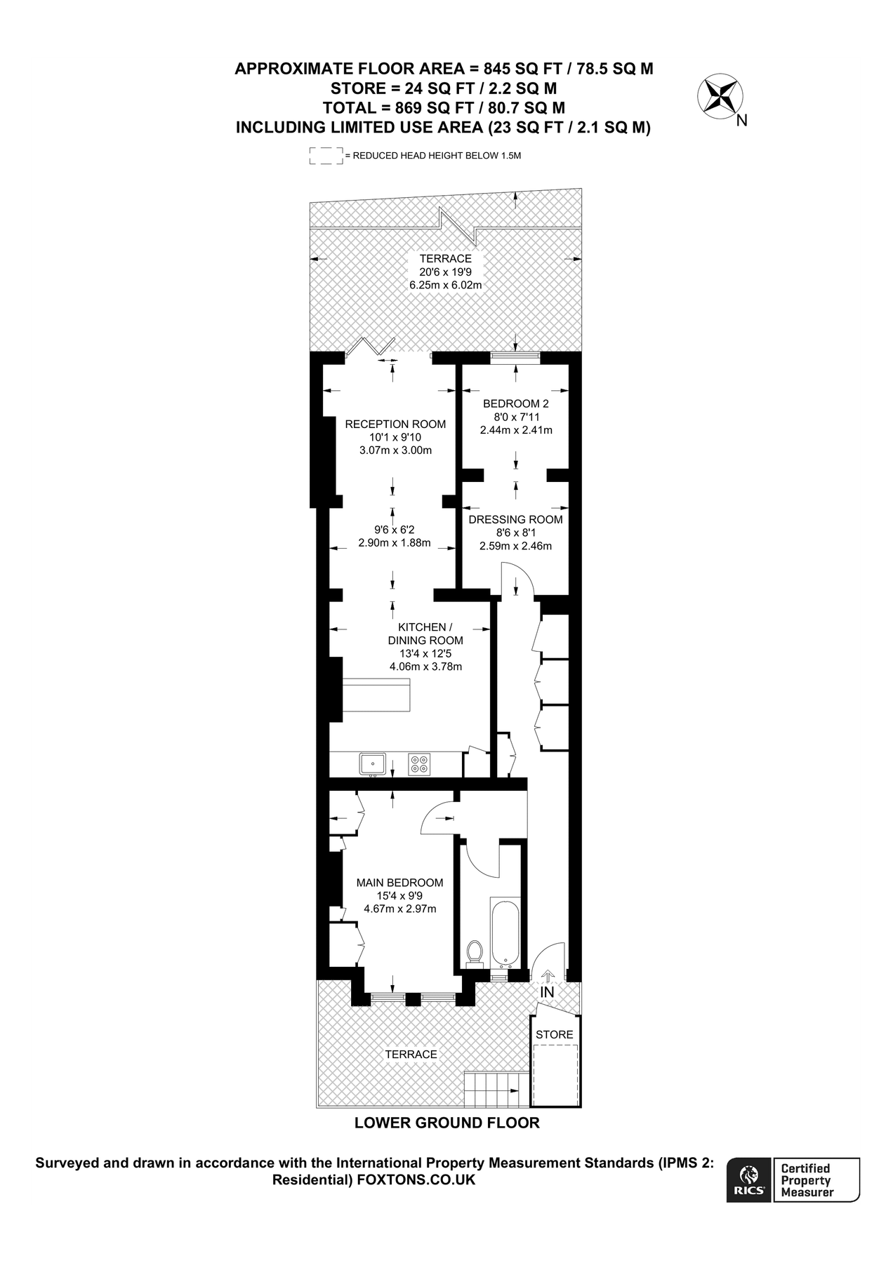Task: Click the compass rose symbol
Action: tap(720, 96)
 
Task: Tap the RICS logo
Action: tap(749, 1180)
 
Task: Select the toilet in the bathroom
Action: tap(475, 953)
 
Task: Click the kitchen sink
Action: tap(372, 763)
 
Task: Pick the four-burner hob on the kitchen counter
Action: tap(421, 763)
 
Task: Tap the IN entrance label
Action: tap(547, 992)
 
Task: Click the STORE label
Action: tap(555, 1034)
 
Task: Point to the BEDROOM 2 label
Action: tap(515, 403)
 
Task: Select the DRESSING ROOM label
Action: tap(515, 519)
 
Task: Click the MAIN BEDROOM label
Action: tap(399, 883)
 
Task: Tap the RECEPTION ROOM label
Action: tap(395, 424)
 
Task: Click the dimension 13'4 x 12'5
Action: tap(425, 653)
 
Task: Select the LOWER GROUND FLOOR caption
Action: tap(446, 1123)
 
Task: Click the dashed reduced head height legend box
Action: tap(326, 156)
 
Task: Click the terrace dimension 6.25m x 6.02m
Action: tap(445, 285)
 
